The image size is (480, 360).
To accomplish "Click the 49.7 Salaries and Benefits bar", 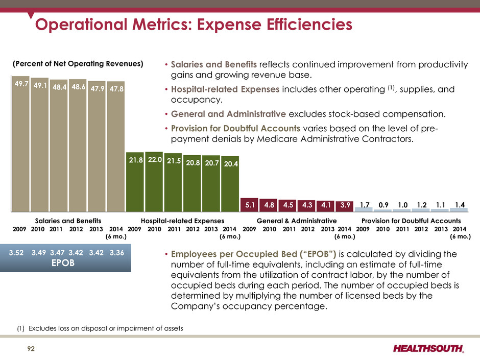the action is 21,144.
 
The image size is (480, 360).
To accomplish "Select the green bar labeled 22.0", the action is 154,182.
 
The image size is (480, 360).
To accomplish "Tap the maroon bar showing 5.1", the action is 250,205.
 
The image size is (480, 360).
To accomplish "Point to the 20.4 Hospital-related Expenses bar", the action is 230,184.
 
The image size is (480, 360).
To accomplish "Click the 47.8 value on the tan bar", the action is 116,89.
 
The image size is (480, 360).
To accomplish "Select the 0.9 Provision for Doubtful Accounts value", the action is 383,205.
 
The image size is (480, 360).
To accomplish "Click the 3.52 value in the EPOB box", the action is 16,253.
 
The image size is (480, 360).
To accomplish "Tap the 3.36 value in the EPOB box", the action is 116,253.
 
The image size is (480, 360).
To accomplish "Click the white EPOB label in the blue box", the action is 63,263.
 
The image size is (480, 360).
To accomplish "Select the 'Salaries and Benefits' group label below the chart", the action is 68,221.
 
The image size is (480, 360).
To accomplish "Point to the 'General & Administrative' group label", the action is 297,221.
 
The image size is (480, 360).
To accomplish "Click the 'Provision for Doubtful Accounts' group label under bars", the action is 411,221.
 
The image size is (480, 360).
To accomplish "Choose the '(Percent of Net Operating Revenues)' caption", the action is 78,64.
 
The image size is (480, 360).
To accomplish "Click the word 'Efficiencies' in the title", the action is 309,25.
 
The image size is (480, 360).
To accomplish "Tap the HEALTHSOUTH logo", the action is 428,348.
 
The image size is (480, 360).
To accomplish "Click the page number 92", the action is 31,349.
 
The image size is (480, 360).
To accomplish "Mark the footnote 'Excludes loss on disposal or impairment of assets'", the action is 106,328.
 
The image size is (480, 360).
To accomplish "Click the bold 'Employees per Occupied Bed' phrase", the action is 234,254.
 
